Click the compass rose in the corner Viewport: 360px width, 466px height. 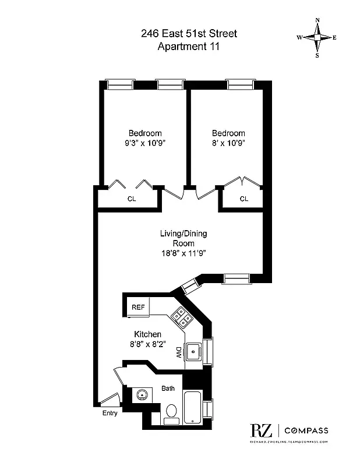click(x=317, y=38)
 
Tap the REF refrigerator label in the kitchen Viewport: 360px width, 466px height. click(x=137, y=307)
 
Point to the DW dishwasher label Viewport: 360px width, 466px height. click(x=179, y=352)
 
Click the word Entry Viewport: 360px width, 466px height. click(x=110, y=414)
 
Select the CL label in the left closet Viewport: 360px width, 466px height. click(x=132, y=199)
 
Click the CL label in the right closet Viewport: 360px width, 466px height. click(x=243, y=199)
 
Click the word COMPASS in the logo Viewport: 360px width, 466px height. click(x=306, y=431)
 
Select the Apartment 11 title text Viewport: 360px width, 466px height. click(x=189, y=47)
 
